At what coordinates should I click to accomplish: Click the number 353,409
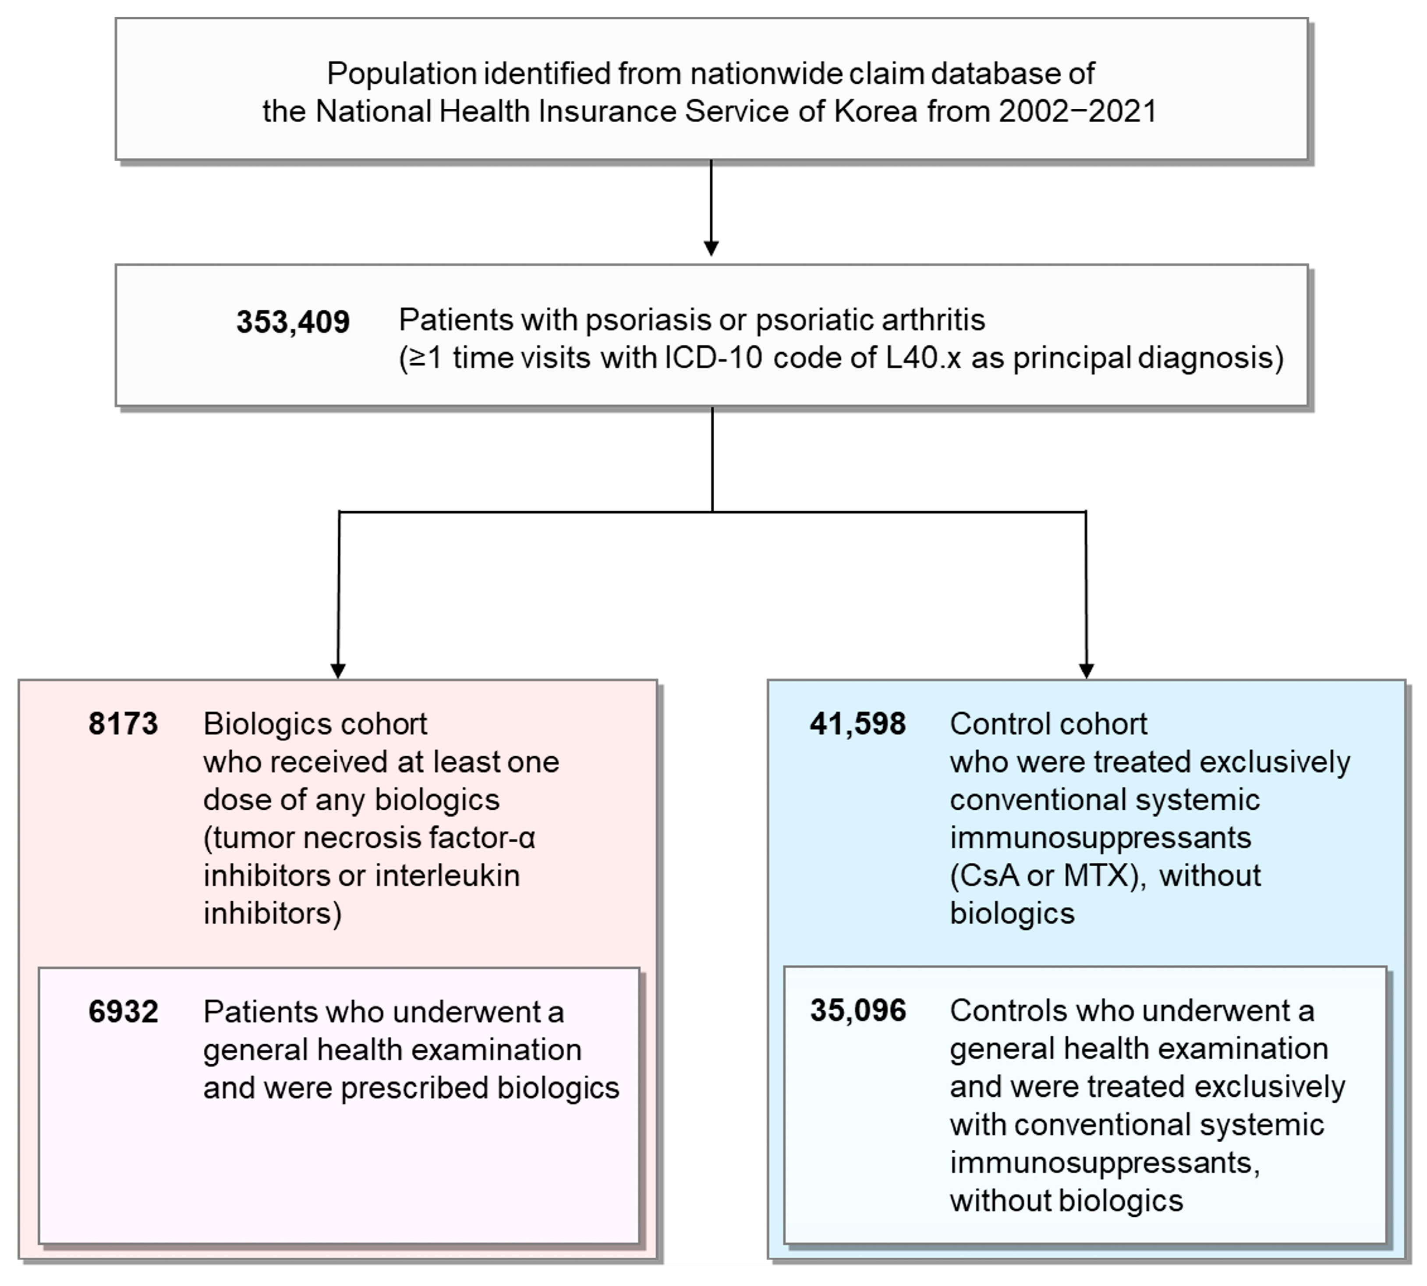293,322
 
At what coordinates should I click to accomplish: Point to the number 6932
123,1012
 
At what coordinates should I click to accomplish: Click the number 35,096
857,1010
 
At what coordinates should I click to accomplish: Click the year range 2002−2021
1077,112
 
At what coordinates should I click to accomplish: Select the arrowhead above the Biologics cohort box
338,670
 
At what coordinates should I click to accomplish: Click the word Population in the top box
402,74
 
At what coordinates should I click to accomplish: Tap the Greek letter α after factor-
527,839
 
